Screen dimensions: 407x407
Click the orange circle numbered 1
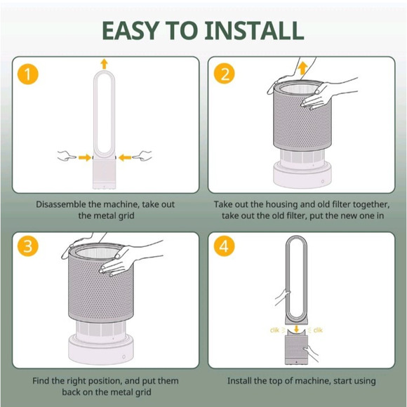pos(27,74)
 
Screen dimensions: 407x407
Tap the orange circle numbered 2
pos(225,74)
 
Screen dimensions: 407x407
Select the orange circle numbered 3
pos(27,247)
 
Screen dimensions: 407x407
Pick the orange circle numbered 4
pos(225,247)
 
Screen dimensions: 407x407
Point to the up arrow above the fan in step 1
pos(105,64)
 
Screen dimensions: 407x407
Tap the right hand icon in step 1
pos(142,156)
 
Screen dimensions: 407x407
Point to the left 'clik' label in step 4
pos(276,329)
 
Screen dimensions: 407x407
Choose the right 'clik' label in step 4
pos(317,329)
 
